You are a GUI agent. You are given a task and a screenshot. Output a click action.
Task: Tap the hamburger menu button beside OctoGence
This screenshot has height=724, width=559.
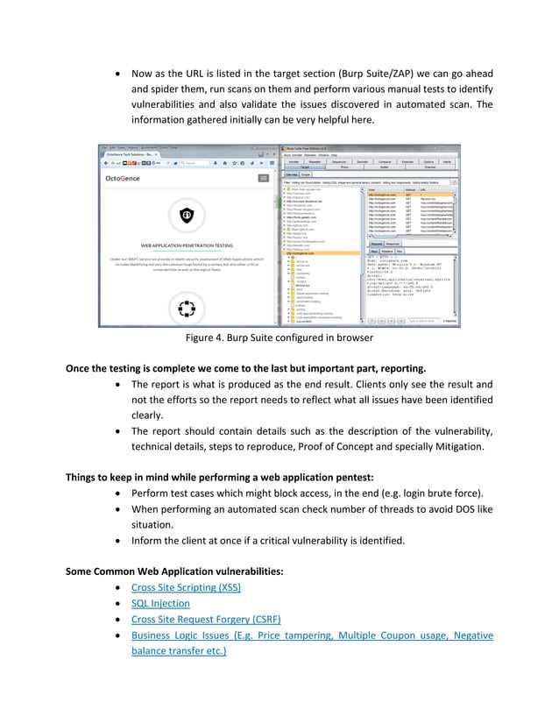263,178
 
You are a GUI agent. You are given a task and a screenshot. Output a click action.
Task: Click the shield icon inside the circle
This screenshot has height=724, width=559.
186,215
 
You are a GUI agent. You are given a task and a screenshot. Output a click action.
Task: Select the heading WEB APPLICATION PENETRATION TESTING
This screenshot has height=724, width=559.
186,246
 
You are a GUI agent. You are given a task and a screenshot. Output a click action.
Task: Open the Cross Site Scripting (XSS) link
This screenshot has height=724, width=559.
186,586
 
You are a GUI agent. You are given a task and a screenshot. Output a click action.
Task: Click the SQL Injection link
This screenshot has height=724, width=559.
160,603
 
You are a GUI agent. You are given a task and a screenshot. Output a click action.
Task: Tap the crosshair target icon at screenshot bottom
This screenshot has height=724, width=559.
186,309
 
